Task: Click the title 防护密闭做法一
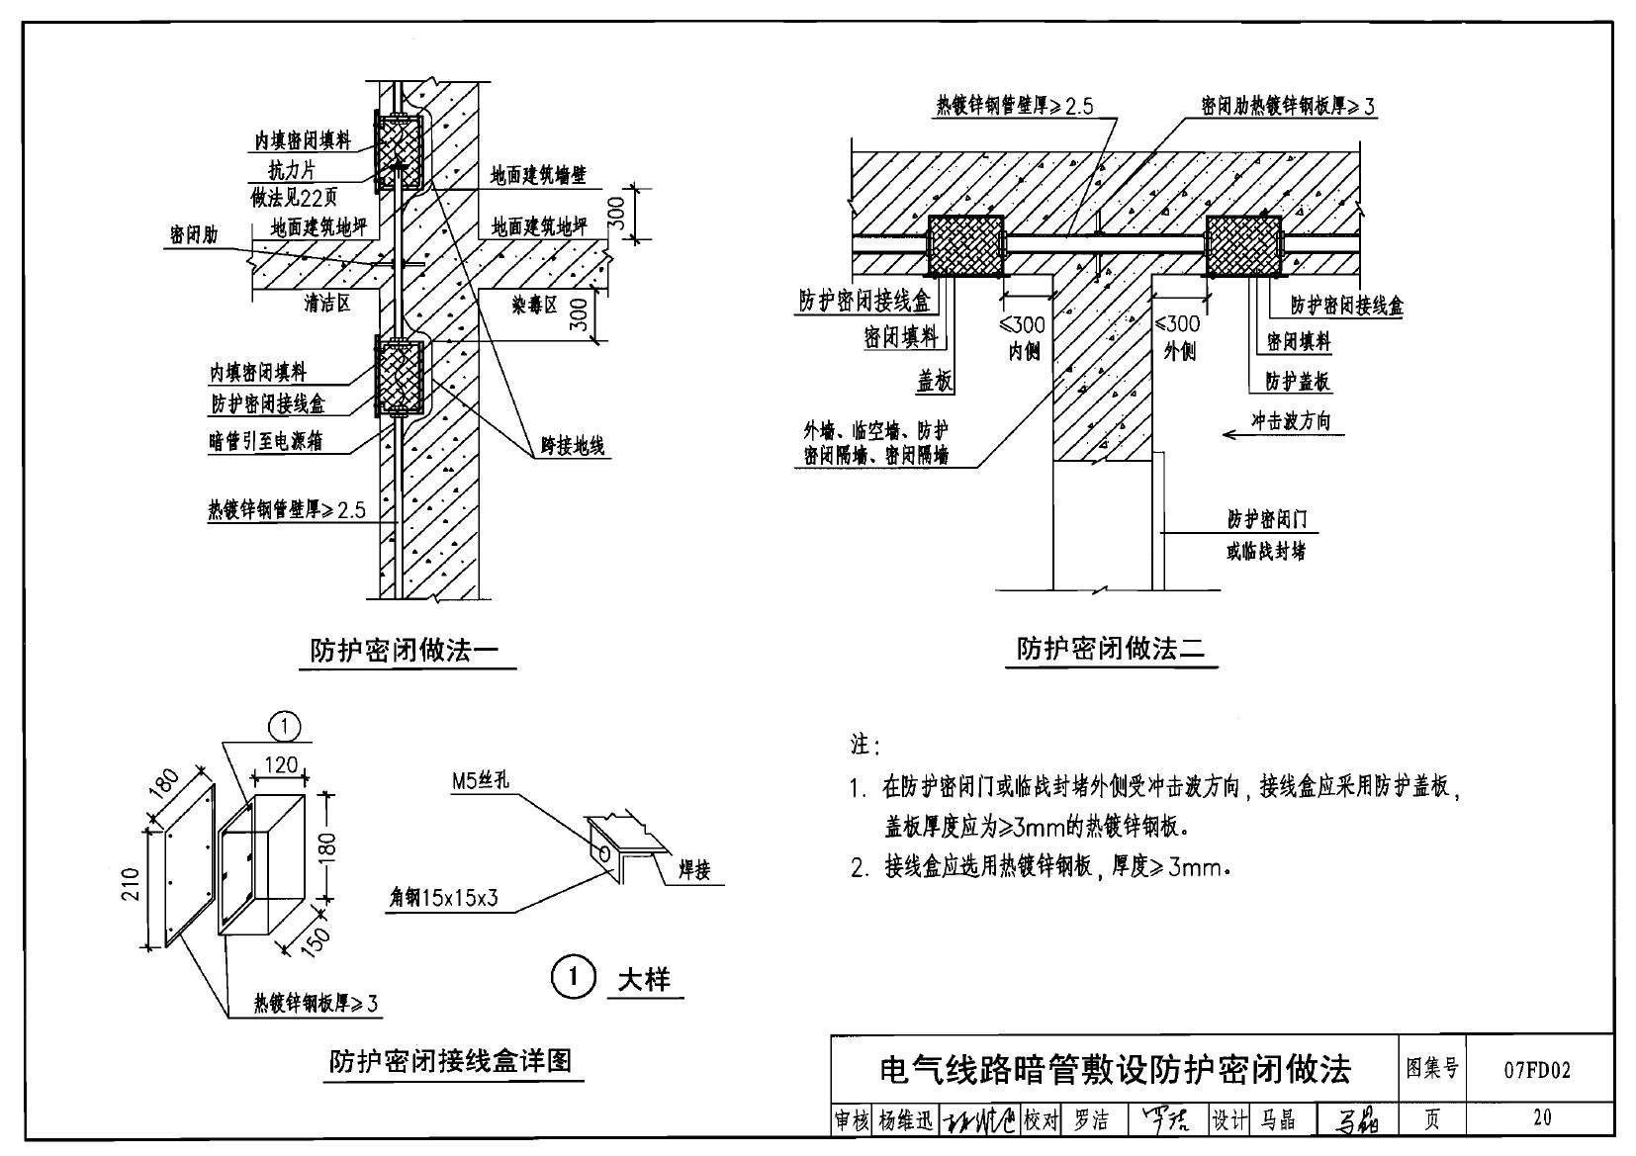click(x=406, y=650)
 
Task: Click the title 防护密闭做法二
click(x=1111, y=649)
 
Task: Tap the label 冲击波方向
click(x=1291, y=420)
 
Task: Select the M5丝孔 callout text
click(x=480, y=781)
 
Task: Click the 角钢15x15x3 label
click(x=444, y=898)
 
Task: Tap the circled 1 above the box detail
click(x=284, y=728)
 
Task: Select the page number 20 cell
click(x=1541, y=1117)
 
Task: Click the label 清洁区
click(x=326, y=304)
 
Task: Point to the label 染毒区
click(x=535, y=304)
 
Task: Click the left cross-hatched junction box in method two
click(x=964, y=246)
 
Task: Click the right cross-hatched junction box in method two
click(x=1243, y=246)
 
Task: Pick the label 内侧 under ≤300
click(x=1024, y=351)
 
